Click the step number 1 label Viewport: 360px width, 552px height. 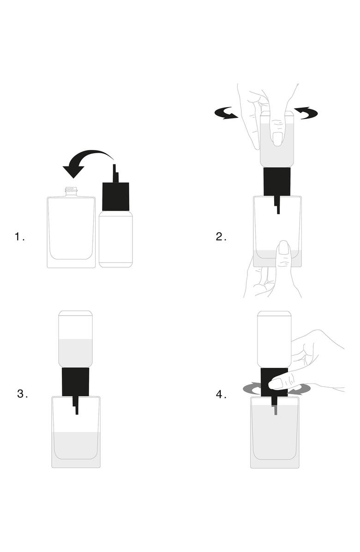pos(20,237)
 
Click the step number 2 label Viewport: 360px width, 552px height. pos(221,237)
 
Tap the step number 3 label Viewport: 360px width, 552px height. pos(23,394)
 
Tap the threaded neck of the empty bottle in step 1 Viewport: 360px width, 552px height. pos(71,192)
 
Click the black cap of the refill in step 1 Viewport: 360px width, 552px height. pos(116,197)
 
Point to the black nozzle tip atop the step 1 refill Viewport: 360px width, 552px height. pos(115,173)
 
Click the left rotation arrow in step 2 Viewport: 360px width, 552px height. pos(227,113)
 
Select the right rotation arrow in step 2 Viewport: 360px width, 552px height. pos(306,113)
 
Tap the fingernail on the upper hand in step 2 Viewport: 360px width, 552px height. pos(278,139)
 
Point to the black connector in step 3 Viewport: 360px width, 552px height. pos(75,382)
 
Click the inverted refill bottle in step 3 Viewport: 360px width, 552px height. pos(75,339)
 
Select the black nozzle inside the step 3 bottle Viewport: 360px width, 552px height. pos(75,405)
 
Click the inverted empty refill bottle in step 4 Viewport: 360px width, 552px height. pos(274,339)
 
